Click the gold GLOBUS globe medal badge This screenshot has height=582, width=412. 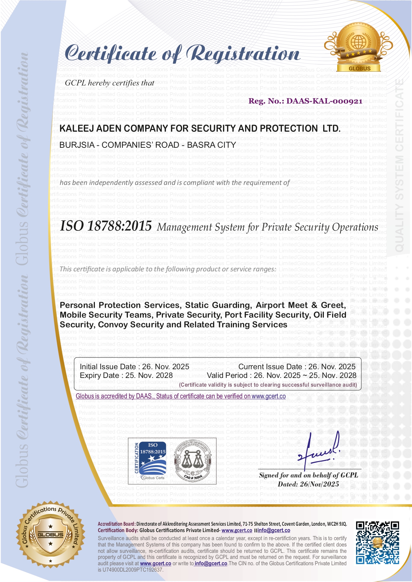pos(359,47)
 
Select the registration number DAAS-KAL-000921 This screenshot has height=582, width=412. pos(324,101)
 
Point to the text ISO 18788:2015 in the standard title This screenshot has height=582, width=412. pos(106,226)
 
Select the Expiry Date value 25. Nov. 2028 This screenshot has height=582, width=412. pos(149,376)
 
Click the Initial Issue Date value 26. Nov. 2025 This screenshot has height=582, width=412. pos(166,367)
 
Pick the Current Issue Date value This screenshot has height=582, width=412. pos(332,367)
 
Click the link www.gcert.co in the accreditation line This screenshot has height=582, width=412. pos(269,396)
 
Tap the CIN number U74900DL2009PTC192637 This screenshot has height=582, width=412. pos(133,570)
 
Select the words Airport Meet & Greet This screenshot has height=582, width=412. pos(301,305)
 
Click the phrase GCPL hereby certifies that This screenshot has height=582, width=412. pos(110,83)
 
